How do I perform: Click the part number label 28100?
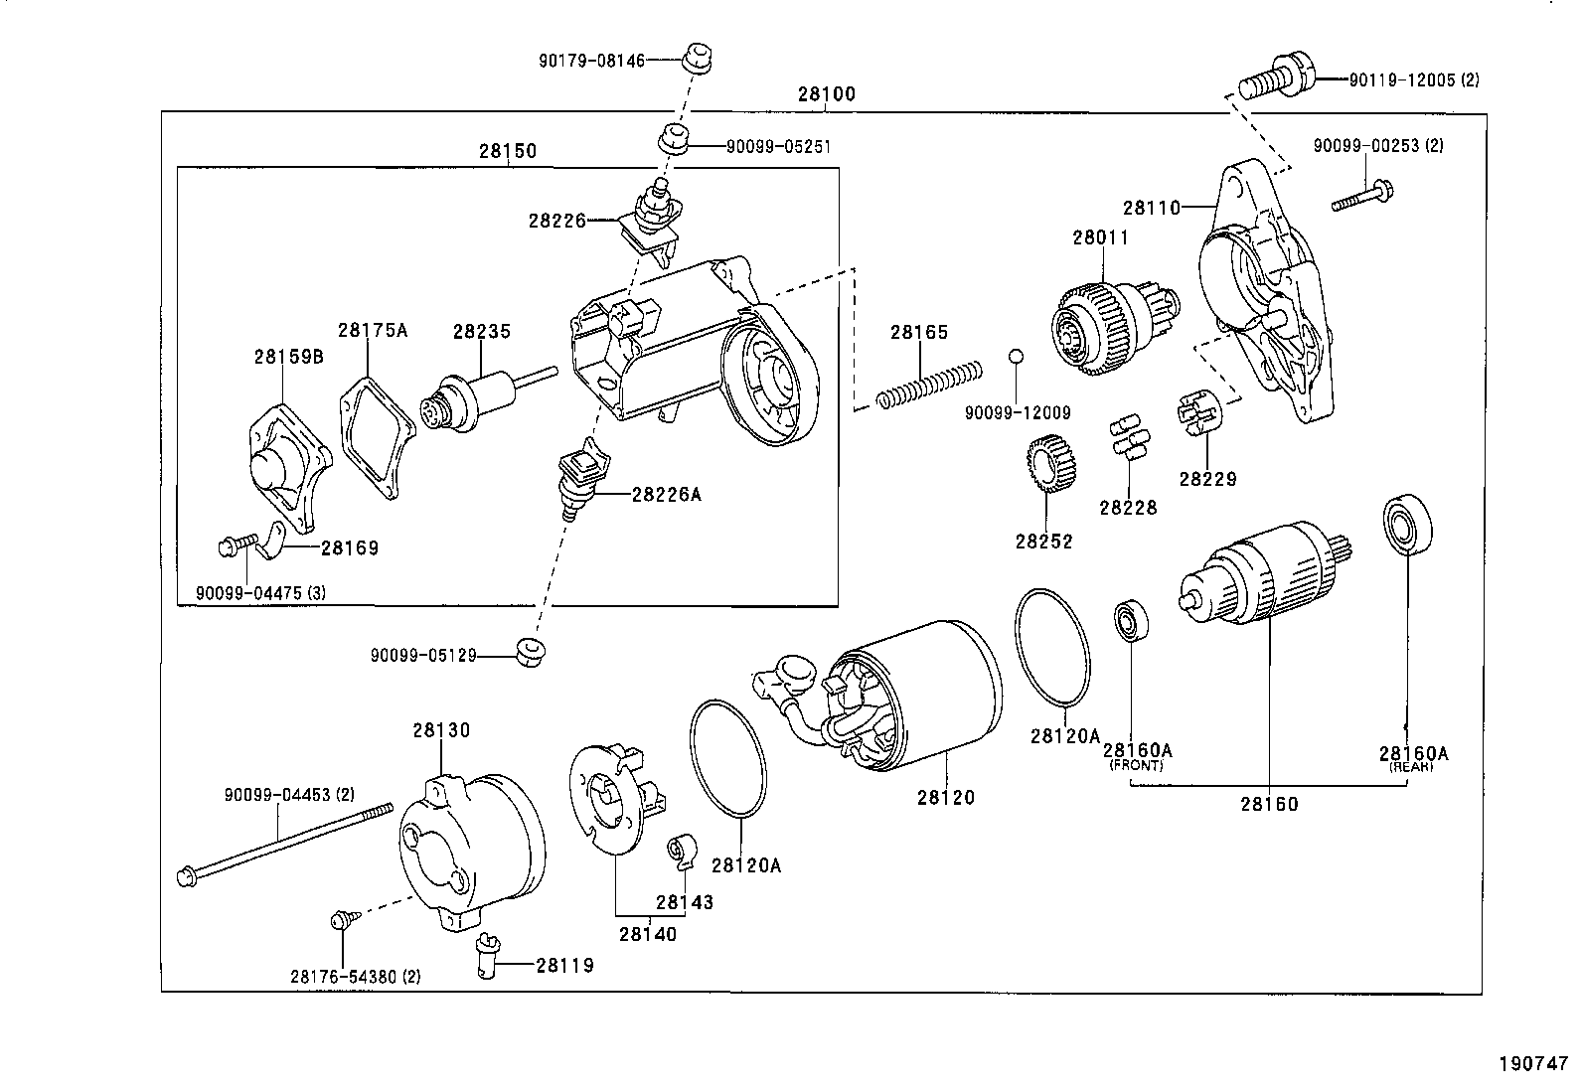coord(825,95)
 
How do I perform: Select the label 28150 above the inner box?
coord(507,152)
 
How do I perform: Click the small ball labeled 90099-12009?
coord(1015,357)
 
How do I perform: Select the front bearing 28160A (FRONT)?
coord(1130,621)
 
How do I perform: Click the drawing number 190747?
coord(1532,1062)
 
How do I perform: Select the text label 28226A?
coord(666,494)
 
